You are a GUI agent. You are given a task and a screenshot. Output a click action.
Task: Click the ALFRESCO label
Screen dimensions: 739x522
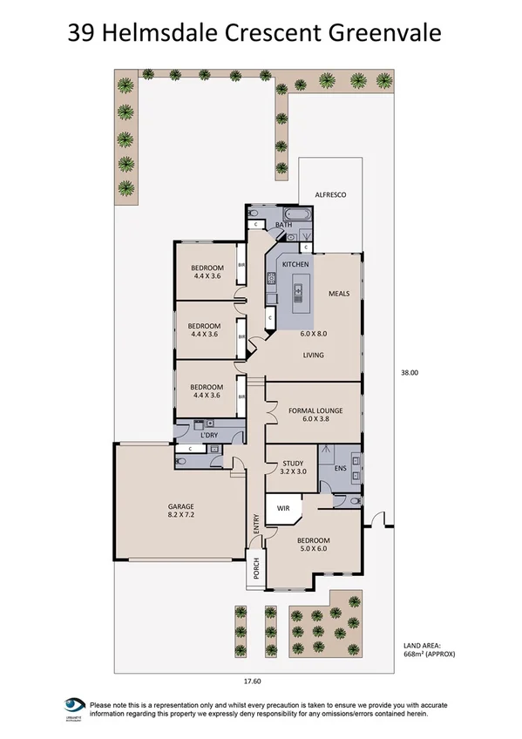pyautogui.click(x=330, y=196)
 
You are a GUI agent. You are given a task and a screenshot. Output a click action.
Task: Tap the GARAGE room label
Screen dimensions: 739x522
pyautogui.click(x=180, y=506)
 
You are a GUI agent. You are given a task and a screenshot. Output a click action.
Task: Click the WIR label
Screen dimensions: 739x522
pyautogui.click(x=282, y=506)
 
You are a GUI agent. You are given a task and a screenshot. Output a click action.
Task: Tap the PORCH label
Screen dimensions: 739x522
pyautogui.click(x=256, y=569)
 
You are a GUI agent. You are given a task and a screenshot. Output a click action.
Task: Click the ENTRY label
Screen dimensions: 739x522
pyautogui.click(x=256, y=524)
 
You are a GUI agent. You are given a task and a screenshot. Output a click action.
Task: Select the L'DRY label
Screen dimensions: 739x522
pyautogui.click(x=208, y=435)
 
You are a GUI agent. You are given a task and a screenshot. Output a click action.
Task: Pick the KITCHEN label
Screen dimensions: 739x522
pyautogui.click(x=295, y=263)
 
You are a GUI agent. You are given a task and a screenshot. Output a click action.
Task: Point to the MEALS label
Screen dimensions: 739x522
pyautogui.click(x=338, y=293)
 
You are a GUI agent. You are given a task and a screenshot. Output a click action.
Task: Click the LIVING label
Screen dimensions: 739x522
pyautogui.click(x=313, y=355)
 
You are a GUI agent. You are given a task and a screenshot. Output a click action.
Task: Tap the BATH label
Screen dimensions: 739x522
pyautogui.click(x=283, y=226)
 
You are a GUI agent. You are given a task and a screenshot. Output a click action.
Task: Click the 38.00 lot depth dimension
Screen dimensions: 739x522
pyautogui.click(x=410, y=372)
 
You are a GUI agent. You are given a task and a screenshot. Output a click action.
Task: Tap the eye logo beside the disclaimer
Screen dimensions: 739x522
pyautogui.click(x=76, y=706)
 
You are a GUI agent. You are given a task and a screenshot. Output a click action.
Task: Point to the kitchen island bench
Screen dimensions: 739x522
pyautogui.click(x=303, y=291)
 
